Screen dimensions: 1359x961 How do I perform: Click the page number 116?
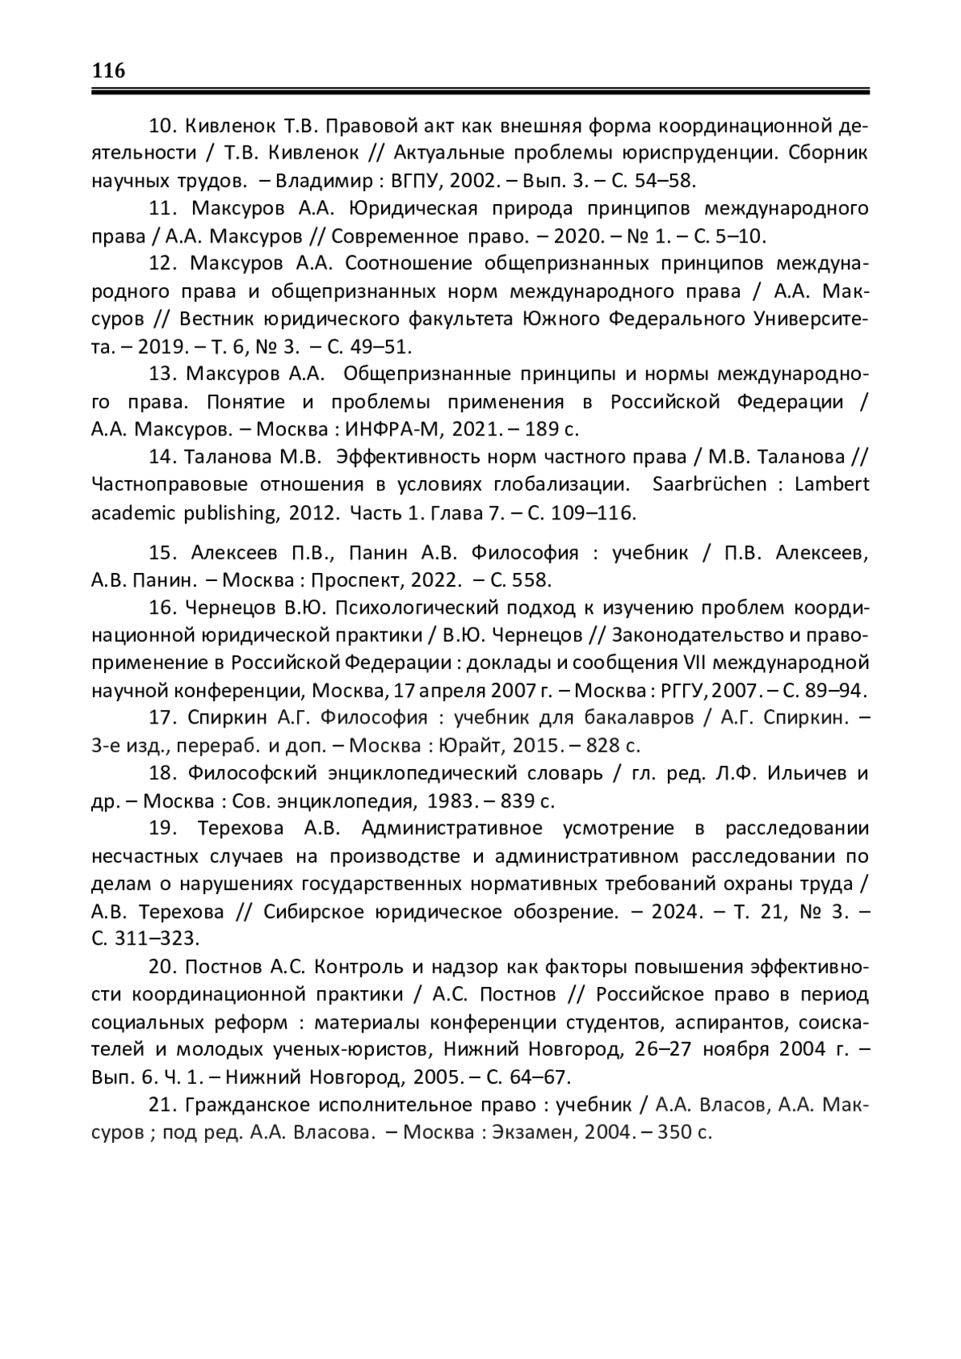109,70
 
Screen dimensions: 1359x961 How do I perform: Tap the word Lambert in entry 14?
836,484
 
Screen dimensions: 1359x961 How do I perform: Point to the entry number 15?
162,552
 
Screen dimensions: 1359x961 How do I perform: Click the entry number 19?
163,828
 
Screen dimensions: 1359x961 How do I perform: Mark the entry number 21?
162,1104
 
